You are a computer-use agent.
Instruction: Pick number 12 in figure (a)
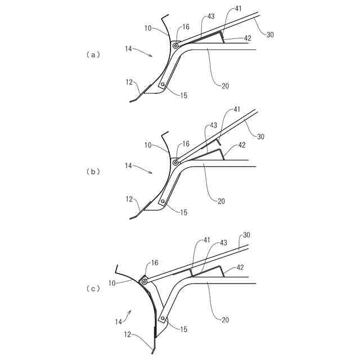(x=129, y=82)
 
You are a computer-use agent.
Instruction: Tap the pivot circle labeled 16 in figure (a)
(x=176, y=46)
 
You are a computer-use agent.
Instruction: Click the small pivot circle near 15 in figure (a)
(x=163, y=84)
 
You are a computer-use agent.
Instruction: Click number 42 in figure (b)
(x=242, y=145)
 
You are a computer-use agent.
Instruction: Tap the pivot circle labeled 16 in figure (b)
(x=176, y=163)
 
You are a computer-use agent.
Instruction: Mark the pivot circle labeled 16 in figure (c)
(x=145, y=281)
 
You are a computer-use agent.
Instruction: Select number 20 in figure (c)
(x=226, y=319)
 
